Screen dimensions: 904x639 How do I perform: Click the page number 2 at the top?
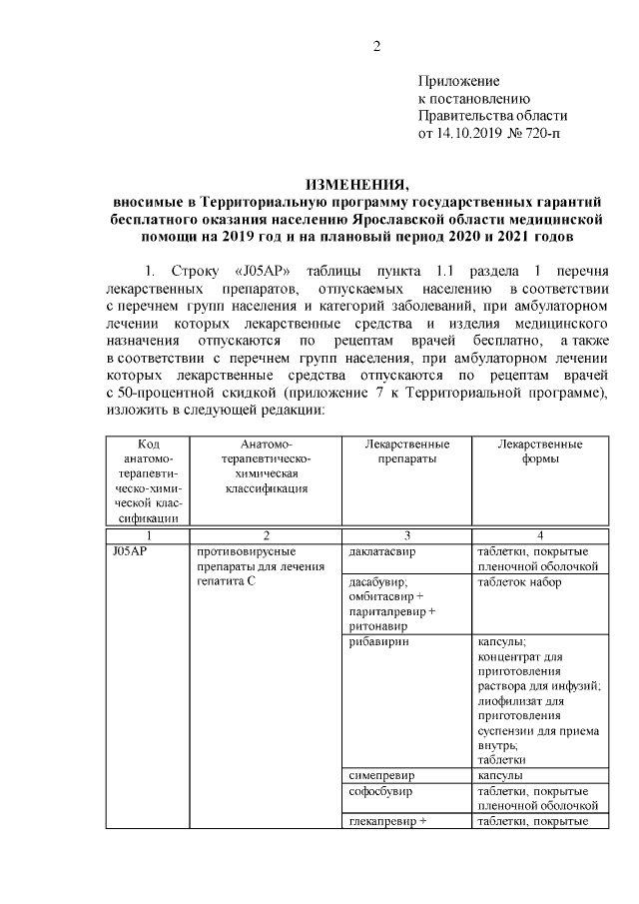pyautogui.click(x=375, y=46)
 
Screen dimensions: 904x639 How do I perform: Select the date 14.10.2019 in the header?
pyautogui.click(x=470, y=132)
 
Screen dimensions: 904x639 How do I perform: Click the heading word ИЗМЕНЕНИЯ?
pyautogui.click(x=356, y=185)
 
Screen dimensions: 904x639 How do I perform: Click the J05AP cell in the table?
pyautogui.click(x=130, y=551)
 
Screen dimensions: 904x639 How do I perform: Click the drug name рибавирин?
pyautogui.click(x=377, y=642)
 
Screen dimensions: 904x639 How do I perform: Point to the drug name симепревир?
pyautogui.click(x=382, y=774)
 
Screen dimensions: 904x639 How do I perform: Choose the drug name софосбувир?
pyautogui.click(x=382, y=790)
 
